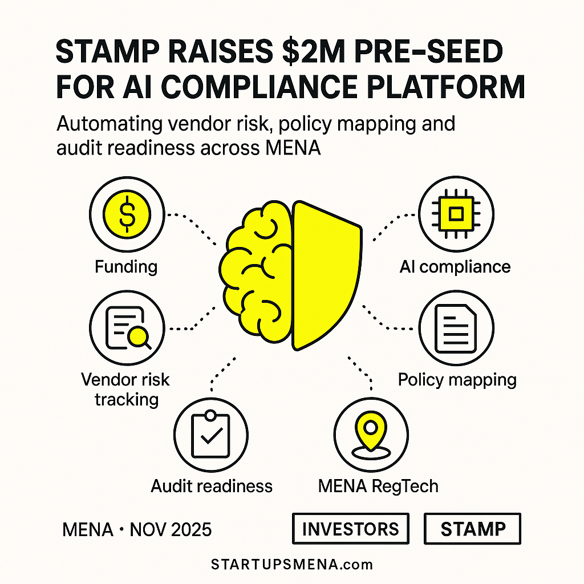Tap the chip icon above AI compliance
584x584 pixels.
coord(455,214)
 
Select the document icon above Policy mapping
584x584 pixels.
coord(455,328)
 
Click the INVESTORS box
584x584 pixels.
coord(350,528)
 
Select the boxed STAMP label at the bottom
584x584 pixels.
coord(472,528)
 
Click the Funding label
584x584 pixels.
coord(126,266)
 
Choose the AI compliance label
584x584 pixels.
coord(455,266)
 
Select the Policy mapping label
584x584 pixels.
coord(457,379)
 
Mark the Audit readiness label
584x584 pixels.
coord(212,486)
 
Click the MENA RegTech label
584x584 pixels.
coord(378,486)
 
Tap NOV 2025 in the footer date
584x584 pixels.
coord(171,530)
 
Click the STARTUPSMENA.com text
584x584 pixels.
coord(291,565)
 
